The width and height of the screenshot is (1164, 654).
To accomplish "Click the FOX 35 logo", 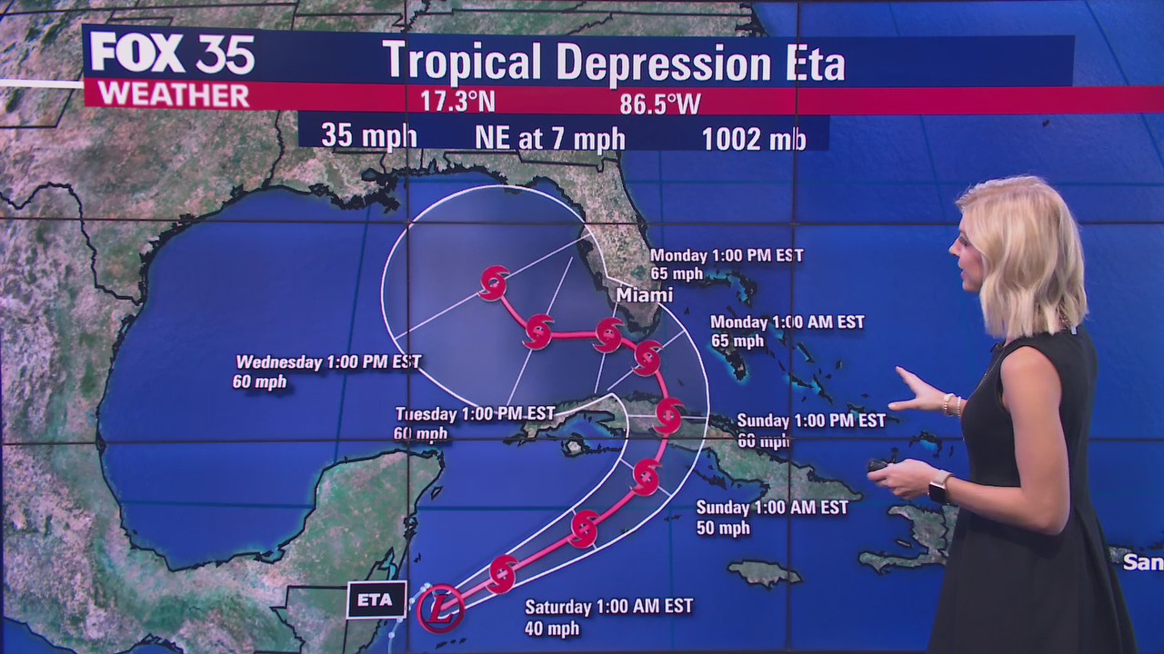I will click(x=172, y=54).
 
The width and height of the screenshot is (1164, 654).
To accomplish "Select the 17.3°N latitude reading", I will click(x=457, y=101).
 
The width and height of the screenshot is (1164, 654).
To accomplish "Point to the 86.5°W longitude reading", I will click(x=660, y=104).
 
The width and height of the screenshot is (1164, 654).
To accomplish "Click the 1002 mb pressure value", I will click(x=753, y=138).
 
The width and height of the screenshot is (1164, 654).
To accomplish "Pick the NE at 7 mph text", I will click(x=549, y=138).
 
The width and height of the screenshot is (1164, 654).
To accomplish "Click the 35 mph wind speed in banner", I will click(x=368, y=136).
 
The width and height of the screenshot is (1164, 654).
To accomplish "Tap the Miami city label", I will click(x=644, y=294).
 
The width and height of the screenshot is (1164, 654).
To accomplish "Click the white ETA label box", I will click(x=376, y=599).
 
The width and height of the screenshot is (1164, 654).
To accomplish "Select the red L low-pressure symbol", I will click(x=441, y=608).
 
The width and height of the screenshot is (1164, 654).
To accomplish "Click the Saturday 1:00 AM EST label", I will click(x=608, y=606).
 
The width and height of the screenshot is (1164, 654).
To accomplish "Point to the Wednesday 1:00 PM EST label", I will click(x=328, y=362).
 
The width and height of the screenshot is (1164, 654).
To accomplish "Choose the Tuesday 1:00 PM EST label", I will click(x=475, y=413).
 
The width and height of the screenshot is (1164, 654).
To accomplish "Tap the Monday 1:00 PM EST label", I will click(x=727, y=255).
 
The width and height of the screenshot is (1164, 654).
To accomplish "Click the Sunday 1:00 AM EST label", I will click(x=772, y=507).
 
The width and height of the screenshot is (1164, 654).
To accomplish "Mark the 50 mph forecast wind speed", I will click(x=723, y=528).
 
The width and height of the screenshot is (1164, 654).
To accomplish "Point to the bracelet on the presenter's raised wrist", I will click(x=952, y=405).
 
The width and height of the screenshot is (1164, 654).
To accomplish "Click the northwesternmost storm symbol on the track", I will click(x=494, y=282).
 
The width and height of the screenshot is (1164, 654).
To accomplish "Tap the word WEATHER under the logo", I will click(x=173, y=94).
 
